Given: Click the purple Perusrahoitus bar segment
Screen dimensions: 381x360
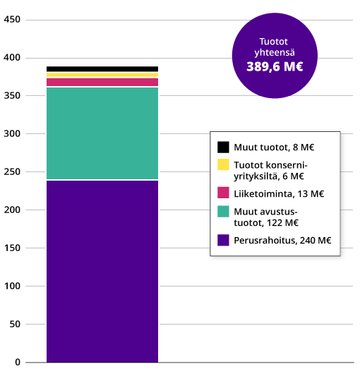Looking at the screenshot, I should tap(102, 272).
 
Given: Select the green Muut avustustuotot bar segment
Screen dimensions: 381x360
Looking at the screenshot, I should tap(102, 133).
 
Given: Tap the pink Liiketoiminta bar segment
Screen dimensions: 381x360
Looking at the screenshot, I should tap(102, 82).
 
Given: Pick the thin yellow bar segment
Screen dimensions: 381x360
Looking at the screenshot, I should tap(102, 75).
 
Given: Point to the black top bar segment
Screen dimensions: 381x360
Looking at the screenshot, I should tap(102, 69).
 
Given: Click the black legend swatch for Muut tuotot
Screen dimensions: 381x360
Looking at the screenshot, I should tap(223, 147).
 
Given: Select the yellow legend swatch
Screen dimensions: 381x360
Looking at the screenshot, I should tap(223, 164).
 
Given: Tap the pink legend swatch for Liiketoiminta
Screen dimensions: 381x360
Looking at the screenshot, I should tap(223, 193).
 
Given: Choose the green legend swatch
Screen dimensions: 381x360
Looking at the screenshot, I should tap(223, 211).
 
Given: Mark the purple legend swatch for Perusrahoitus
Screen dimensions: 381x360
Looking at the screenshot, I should tap(223, 240).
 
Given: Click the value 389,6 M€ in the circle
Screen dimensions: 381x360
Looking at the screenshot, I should tap(275, 67).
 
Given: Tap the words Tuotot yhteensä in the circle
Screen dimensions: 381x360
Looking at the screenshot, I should tap(275, 47).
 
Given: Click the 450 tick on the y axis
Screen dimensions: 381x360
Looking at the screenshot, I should tap(13, 19).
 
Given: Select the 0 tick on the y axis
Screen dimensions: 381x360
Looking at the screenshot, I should tap(18, 363).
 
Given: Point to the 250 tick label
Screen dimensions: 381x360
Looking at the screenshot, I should tap(13, 171).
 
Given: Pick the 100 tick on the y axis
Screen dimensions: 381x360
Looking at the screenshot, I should tap(13, 286).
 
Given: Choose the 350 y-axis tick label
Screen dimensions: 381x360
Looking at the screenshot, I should tap(13, 95).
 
